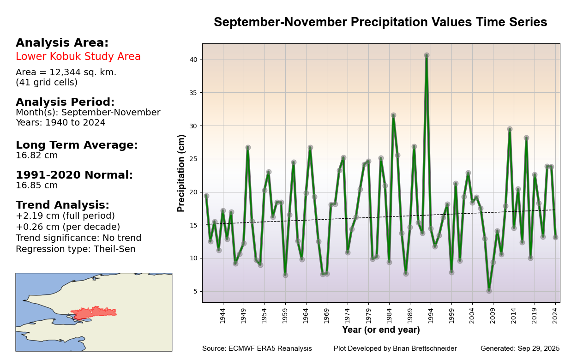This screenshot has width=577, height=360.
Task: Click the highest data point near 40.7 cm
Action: click(x=427, y=55)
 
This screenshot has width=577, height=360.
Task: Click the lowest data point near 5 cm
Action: click(x=489, y=291)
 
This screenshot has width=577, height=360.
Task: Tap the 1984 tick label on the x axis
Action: click(x=389, y=316)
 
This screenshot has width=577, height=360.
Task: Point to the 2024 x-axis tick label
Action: click(x=555, y=316)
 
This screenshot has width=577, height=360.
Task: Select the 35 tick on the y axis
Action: click(x=193, y=93)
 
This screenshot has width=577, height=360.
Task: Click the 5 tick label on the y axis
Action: click(x=195, y=291)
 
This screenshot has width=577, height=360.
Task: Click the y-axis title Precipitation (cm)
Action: click(x=181, y=173)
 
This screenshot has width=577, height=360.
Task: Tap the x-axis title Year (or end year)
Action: click(x=381, y=330)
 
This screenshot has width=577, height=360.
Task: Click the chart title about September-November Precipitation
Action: click(x=380, y=22)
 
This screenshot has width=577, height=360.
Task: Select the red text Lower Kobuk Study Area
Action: click(x=78, y=57)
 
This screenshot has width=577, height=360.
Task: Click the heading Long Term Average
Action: click(x=77, y=145)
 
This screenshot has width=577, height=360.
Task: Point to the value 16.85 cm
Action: click(x=37, y=186)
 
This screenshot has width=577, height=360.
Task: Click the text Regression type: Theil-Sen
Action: click(x=76, y=249)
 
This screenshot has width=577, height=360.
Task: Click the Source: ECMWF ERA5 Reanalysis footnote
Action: click(x=257, y=348)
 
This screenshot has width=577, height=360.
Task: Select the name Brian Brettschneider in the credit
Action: click(x=421, y=348)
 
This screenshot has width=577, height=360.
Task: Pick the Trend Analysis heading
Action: click(x=62, y=205)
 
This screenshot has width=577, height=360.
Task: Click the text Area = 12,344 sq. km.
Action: click(x=66, y=72)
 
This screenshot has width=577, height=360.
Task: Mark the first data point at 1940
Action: click(x=206, y=196)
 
